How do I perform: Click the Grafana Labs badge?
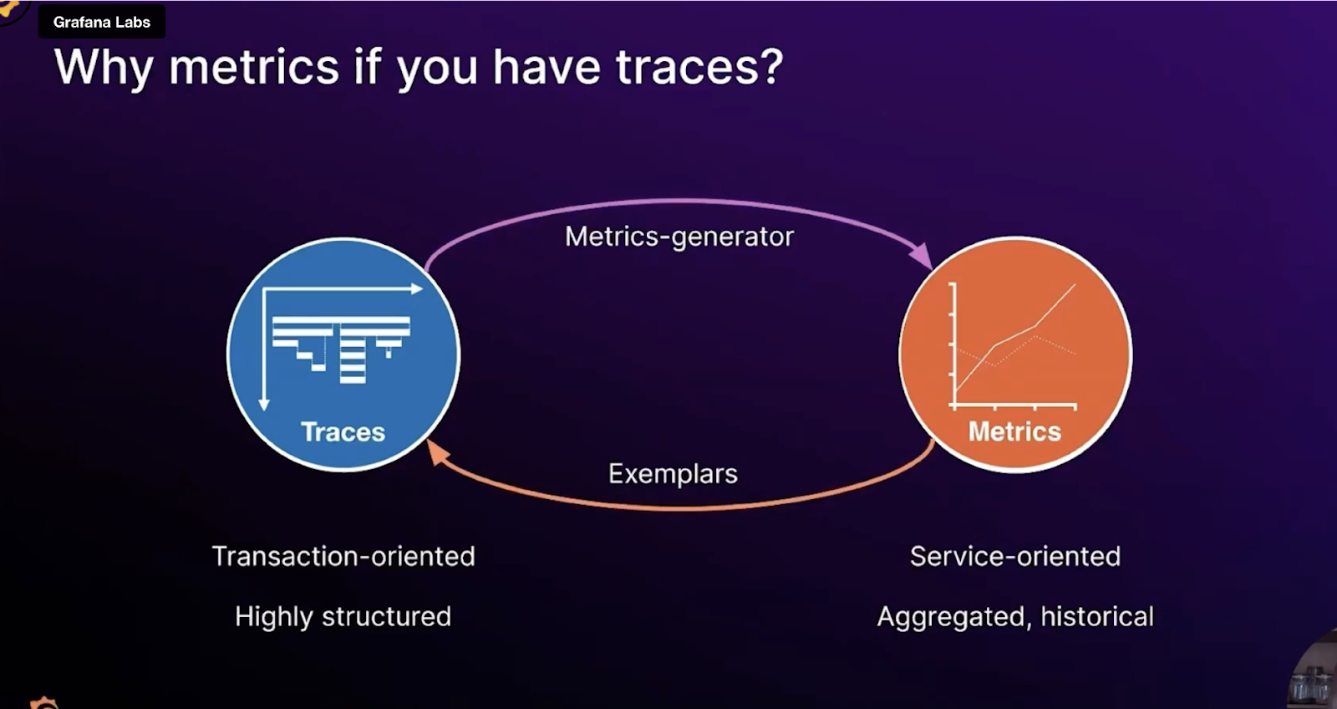[101, 23]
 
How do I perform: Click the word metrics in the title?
[253, 67]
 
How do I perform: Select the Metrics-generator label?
[679, 237]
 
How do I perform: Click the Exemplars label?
[673, 474]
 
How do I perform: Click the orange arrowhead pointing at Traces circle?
[438, 451]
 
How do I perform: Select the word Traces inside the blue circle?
[343, 432]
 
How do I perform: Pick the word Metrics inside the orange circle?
[1014, 431]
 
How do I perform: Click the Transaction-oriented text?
[343, 556]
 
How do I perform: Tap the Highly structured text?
[343, 617]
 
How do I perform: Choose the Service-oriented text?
[1014, 556]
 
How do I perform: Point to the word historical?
[1096, 617]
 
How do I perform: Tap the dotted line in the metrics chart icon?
[1055, 344]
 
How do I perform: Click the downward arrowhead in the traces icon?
[264, 405]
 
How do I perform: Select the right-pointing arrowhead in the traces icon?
[416, 289]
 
